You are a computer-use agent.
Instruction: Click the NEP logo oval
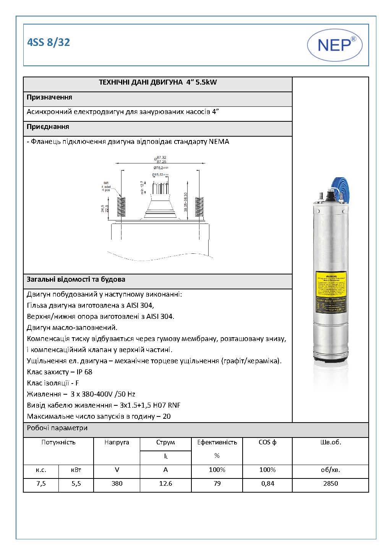(335, 45)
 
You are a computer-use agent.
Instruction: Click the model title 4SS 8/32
(49, 42)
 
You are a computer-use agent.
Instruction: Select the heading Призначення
(49, 97)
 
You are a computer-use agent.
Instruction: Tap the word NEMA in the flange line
(219, 142)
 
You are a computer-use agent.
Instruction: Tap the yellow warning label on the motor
(331, 293)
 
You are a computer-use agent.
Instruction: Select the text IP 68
(84, 372)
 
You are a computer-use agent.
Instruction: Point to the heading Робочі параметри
(57, 428)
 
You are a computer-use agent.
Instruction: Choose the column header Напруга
(117, 442)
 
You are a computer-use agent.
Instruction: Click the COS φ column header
(267, 442)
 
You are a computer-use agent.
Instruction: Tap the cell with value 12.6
(165, 483)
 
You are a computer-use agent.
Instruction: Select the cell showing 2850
(330, 483)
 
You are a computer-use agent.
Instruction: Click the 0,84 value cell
(267, 483)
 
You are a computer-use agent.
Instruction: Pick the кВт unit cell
(76, 470)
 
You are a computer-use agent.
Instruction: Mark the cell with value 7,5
(41, 483)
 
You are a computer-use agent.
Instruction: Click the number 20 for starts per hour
(167, 416)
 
